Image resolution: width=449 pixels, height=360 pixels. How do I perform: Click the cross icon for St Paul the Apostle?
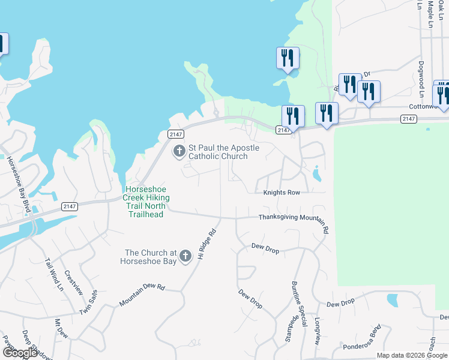[x=179, y=151]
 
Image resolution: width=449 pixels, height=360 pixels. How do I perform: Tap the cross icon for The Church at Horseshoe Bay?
[x=185, y=256]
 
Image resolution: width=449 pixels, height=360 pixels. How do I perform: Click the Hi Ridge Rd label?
[x=206, y=244]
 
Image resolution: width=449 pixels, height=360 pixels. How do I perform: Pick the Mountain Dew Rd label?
[x=142, y=295]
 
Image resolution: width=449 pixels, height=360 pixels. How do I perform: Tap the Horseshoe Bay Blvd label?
[x=17, y=178]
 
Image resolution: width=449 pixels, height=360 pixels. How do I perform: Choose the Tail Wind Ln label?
[x=53, y=275]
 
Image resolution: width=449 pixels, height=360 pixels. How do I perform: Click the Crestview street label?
[x=73, y=282]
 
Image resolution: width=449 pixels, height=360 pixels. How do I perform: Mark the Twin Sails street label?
[x=88, y=304]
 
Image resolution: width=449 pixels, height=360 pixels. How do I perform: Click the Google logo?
[x=20, y=353]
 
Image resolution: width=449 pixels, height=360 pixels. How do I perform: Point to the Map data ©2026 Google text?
[x=412, y=355]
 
